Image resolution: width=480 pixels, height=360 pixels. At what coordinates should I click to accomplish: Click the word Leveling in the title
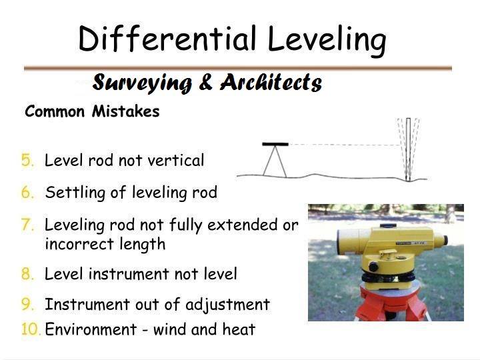click(x=326, y=40)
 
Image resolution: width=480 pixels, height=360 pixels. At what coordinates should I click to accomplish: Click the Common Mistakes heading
click(x=92, y=111)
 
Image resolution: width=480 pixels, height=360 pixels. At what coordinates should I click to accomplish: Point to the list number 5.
click(x=27, y=160)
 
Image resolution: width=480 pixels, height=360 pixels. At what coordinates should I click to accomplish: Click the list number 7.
click(x=27, y=225)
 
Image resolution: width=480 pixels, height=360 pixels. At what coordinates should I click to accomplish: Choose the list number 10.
click(x=31, y=329)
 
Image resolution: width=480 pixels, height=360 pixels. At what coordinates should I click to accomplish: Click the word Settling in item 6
click(x=69, y=193)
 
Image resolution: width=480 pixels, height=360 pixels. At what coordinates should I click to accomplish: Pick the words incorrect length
click(x=105, y=244)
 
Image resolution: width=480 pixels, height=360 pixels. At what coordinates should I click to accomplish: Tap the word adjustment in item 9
click(x=227, y=305)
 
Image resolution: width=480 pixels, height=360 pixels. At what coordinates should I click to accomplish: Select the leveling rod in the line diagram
click(x=408, y=150)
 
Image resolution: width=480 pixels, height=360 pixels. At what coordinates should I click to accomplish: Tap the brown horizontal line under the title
click(x=237, y=67)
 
